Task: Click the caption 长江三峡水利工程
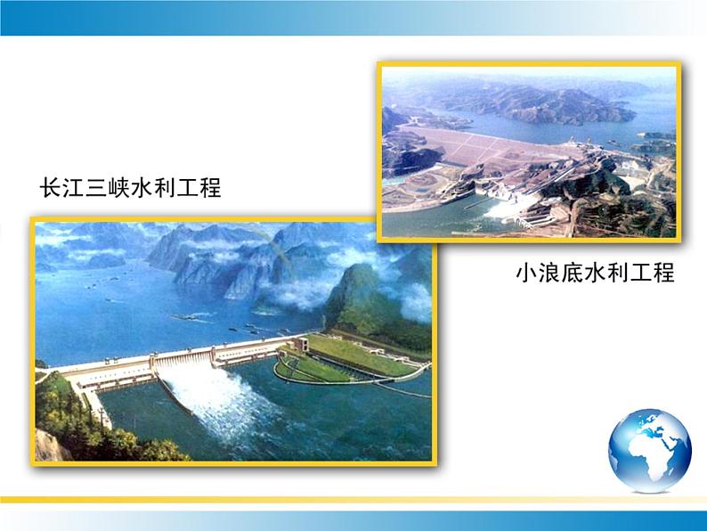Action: [x=131, y=188]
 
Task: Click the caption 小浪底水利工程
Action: [x=595, y=273]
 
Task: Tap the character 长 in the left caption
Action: [x=51, y=188]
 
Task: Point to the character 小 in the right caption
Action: [x=526, y=273]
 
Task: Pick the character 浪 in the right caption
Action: [x=549, y=273]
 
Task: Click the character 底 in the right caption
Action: [x=573, y=273]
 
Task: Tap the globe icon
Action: [x=650, y=450]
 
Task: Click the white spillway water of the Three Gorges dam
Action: [x=216, y=397]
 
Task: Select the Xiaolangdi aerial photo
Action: [x=529, y=152]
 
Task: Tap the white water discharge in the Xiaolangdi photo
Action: [x=508, y=208]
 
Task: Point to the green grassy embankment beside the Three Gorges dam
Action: [x=352, y=356]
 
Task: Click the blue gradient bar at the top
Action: [x=353, y=18]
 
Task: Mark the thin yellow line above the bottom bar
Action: [x=353, y=500]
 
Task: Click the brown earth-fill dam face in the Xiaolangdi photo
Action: [x=487, y=144]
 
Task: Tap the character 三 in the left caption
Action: [x=96, y=188]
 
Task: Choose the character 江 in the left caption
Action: [x=74, y=188]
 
